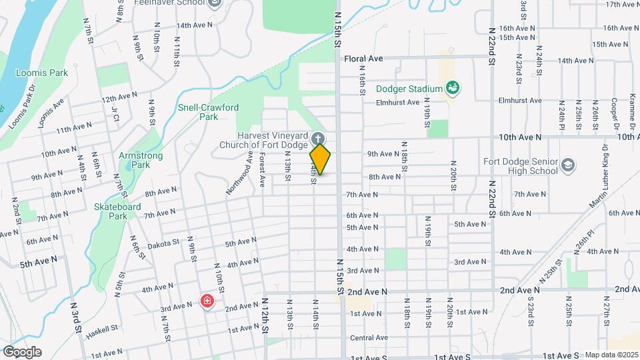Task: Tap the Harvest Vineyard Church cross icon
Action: coord(319,139)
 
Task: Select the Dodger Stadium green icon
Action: coord(453,87)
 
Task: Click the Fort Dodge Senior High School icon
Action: coord(567,165)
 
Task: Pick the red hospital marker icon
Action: coord(208,301)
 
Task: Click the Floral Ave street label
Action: coord(363,59)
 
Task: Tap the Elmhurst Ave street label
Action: coord(397,103)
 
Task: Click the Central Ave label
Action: coord(364,337)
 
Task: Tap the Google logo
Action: coord(22,352)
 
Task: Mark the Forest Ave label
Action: coord(263,170)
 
